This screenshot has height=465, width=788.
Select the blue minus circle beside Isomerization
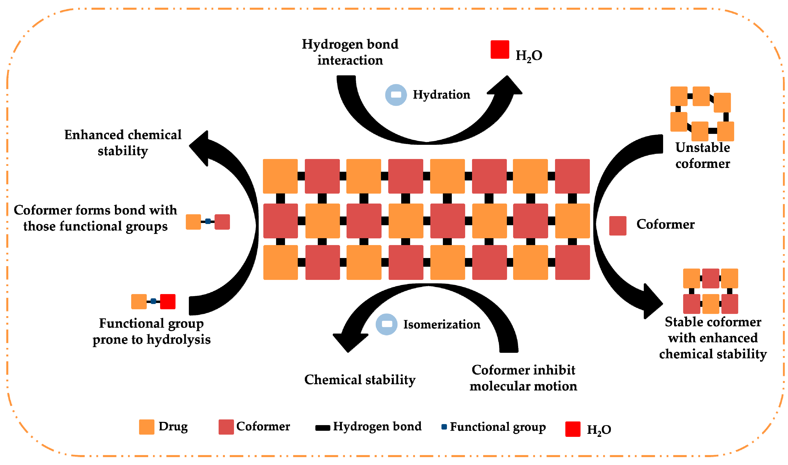tap(386, 324)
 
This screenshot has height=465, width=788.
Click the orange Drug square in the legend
tap(147, 427)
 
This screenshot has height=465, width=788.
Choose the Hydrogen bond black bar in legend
tap(322, 428)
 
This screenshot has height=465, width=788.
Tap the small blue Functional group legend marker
tap(444, 427)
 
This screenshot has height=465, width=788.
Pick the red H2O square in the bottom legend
tap(573, 429)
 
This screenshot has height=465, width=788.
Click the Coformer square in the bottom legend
tap(226, 427)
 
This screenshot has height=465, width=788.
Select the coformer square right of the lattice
tap(617, 226)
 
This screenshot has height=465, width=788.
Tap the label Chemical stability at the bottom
tap(360, 380)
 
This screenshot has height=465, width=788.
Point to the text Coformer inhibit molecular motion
tap(523, 378)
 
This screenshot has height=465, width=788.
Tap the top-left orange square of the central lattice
tap(280, 176)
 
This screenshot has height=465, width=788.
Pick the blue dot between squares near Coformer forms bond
tap(207, 221)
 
